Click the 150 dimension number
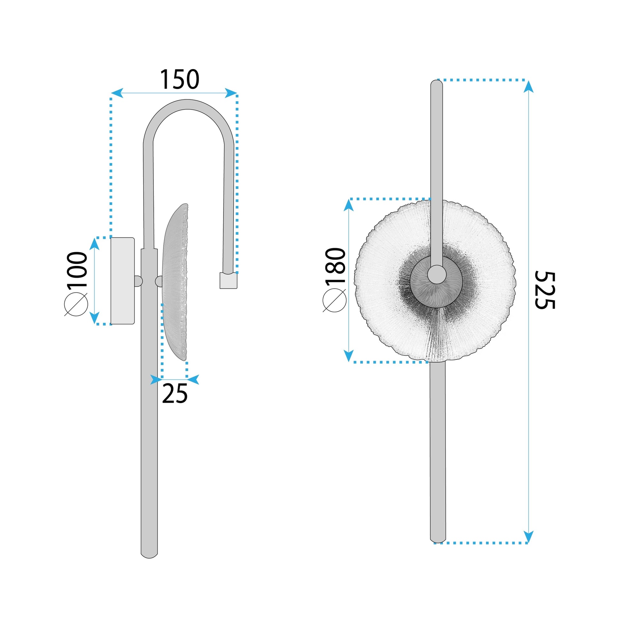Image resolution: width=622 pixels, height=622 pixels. coord(180,80)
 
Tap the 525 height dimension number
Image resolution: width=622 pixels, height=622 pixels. coord(545,290)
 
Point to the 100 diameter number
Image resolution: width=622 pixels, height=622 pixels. coord(77,269)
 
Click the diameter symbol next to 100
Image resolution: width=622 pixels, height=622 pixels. coord(76,304)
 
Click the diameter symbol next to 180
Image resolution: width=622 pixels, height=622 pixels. coord(335,300)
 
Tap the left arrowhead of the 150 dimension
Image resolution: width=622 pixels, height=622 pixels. coord(117,93)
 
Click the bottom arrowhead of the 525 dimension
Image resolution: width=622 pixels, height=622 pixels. coord(528,536)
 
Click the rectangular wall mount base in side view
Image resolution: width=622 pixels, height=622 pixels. coord(122,281)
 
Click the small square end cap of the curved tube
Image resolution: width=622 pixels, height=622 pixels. coord(228,280)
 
